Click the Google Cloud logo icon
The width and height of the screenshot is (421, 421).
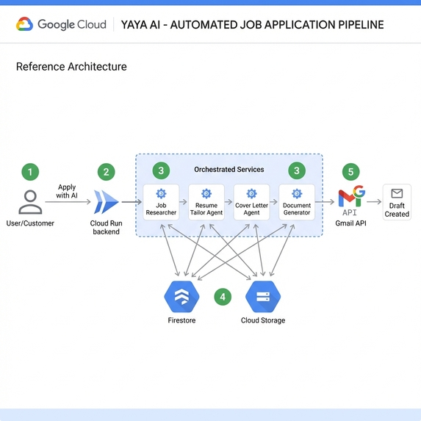pyautogui.click(x=24, y=24)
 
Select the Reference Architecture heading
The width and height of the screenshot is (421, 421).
pyautogui.click(x=71, y=67)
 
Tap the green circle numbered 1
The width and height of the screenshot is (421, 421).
pyautogui.click(x=29, y=173)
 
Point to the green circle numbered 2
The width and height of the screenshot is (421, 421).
pyautogui.click(x=107, y=173)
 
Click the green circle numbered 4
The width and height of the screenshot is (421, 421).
pyautogui.click(x=223, y=298)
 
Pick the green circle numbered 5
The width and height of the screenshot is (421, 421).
pyautogui.click(x=350, y=172)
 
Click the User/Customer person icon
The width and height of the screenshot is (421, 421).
pyautogui.click(x=30, y=201)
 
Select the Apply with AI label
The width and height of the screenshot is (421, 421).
pyautogui.click(x=67, y=192)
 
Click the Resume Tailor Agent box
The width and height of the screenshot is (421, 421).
pyautogui.click(x=206, y=202)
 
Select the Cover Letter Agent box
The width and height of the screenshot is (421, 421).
pyautogui.click(x=252, y=202)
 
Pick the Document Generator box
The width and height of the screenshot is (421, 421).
pyautogui.click(x=297, y=202)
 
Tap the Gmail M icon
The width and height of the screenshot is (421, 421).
pyautogui.click(x=351, y=196)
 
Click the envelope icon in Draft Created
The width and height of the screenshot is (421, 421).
pyautogui.click(x=397, y=194)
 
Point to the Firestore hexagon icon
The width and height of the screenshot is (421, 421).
pyautogui.click(x=181, y=297)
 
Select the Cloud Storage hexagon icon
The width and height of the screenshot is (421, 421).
pyautogui.click(x=262, y=297)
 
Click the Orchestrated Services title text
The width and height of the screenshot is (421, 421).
pyautogui.click(x=229, y=170)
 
